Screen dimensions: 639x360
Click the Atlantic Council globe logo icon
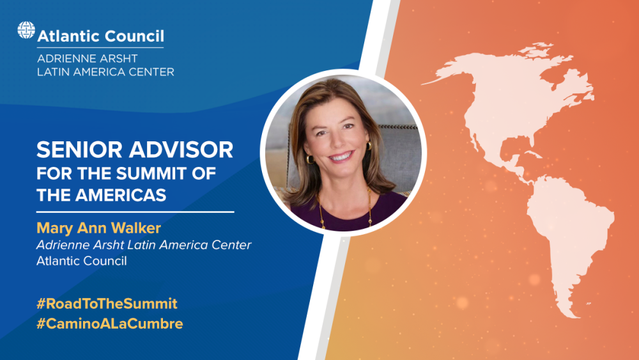point(26,30)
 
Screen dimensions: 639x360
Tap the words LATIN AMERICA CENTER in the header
point(105,72)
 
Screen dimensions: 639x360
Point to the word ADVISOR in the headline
point(181,150)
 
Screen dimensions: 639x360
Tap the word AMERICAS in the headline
point(121,195)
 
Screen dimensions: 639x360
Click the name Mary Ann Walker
point(98,228)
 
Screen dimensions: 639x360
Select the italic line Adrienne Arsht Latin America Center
point(144,245)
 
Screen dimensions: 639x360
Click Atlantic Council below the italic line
point(82,261)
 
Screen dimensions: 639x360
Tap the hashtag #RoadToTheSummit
point(107,304)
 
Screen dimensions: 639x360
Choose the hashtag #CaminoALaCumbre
point(110,324)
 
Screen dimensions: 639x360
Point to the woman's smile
point(341,157)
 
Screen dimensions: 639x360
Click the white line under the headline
point(135,212)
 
